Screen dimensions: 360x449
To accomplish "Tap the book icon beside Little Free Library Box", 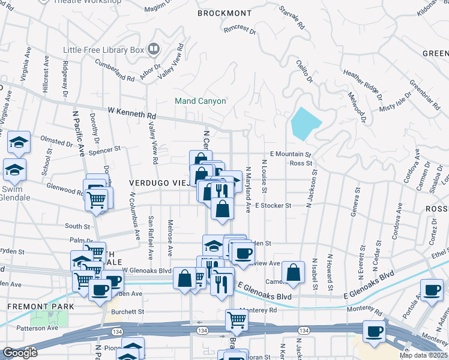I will click(x=154, y=49).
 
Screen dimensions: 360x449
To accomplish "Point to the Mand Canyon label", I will click(x=200, y=101).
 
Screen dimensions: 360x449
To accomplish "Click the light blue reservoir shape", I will click(x=304, y=123).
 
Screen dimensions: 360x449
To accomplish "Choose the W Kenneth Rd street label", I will click(x=131, y=113).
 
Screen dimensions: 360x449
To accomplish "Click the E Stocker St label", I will click(x=273, y=205).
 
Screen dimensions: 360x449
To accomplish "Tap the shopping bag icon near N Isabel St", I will click(x=293, y=272).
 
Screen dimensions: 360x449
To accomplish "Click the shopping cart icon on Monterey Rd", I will click(x=237, y=320).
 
